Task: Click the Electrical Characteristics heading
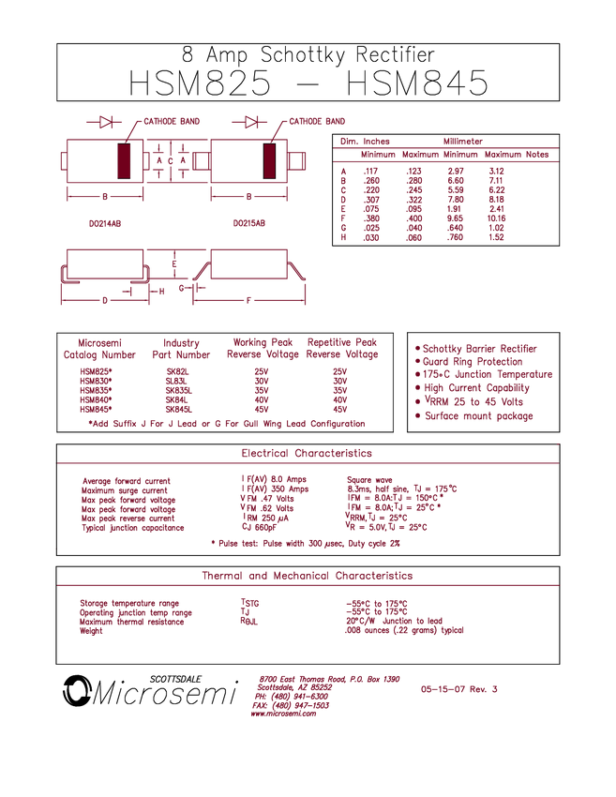(x=307, y=453)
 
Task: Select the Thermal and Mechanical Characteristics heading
(x=307, y=576)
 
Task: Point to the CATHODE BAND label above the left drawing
(x=172, y=122)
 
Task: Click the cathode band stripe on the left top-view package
(x=123, y=161)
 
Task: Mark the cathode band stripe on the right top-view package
(x=271, y=161)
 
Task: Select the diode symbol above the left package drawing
(x=105, y=122)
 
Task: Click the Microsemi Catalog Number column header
(x=99, y=349)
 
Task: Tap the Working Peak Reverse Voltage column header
(x=264, y=349)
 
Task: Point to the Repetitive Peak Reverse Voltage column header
(x=342, y=349)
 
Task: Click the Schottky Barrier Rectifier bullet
(x=477, y=348)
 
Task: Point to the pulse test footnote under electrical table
(x=307, y=542)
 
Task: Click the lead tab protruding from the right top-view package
(x=298, y=161)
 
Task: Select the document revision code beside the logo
(x=458, y=690)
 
